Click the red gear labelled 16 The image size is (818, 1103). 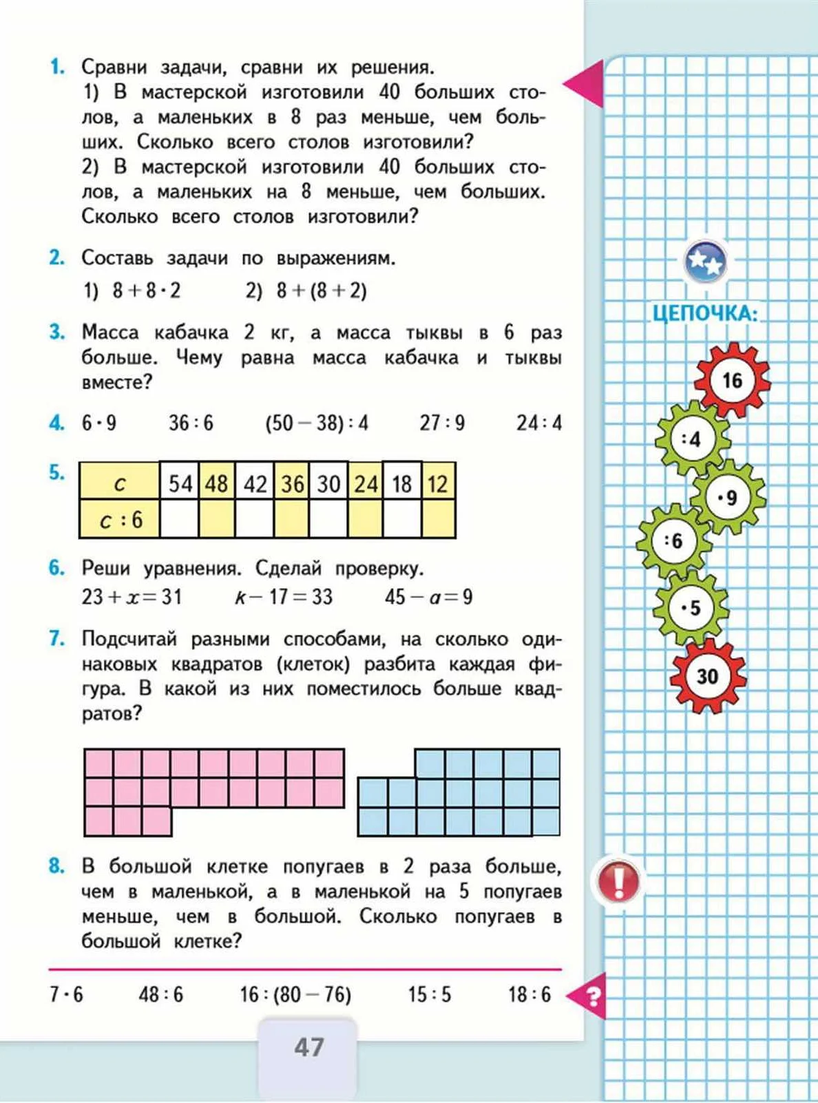pos(731,381)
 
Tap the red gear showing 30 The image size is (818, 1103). pos(708,676)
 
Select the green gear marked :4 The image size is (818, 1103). pos(692,439)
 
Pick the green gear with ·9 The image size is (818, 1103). pos(728,497)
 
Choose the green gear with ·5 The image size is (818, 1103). pos(691,608)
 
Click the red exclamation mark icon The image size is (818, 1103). pos(618,881)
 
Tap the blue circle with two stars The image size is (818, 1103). pos(706,262)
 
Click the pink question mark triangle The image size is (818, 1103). pos(589,996)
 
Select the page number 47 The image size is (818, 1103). pos(308,1047)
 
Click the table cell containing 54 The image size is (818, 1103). pos(180,483)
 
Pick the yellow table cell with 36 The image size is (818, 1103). pos(292,483)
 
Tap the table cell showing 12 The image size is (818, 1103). pos(438,483)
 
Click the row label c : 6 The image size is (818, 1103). pos(120,519)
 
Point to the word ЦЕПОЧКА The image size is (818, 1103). pos(704,314)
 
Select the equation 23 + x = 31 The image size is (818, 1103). pos(132,597)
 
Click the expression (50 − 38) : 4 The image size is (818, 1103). pos(317,423)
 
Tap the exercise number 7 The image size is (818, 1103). pos(56,639)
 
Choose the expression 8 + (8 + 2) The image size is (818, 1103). pos(321,291)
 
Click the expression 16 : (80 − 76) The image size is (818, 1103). pos(295,995)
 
